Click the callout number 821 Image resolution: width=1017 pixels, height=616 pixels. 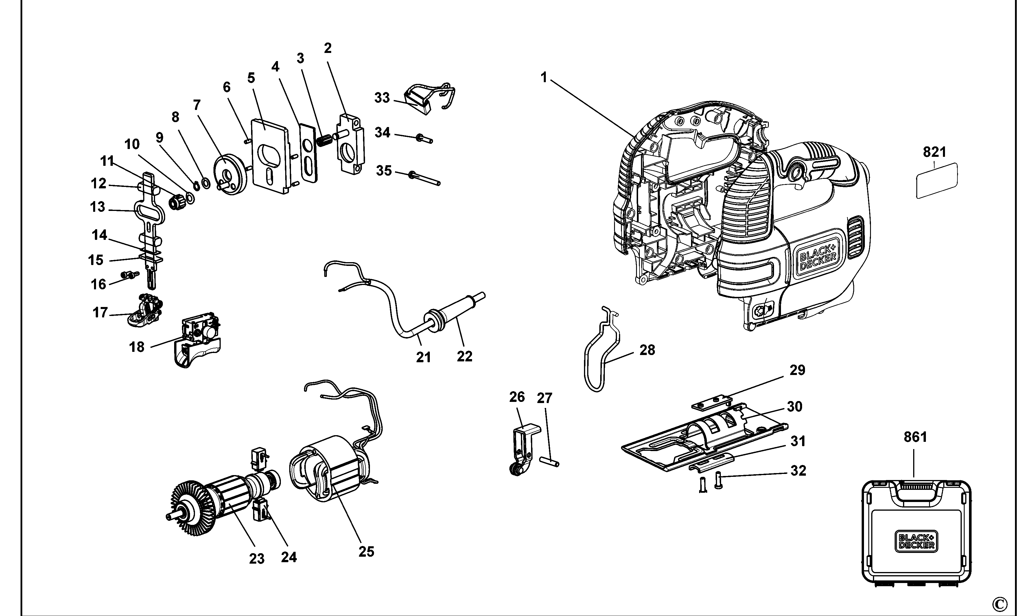[935, 152]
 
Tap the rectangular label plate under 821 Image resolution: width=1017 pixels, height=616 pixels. [937, 181]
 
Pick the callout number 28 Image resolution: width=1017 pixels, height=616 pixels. [647, 350]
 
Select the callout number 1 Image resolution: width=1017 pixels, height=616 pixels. [544, 77]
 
